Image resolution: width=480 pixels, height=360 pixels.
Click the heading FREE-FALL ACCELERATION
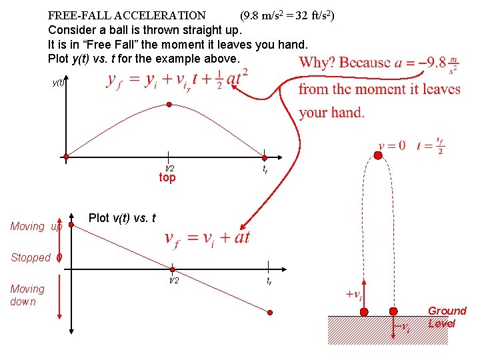click(127, 15)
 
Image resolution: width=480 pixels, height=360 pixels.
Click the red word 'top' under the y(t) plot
click(167, 178)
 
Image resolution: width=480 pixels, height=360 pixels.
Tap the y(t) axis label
click(58, 83)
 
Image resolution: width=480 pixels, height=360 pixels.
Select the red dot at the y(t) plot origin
click(66, 158)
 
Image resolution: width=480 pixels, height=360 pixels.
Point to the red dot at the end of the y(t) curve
click(265, 158)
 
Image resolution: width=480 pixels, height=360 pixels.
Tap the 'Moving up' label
click(37, 227)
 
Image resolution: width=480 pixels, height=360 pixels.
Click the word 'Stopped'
click(31, 257)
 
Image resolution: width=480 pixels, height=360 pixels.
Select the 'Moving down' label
click(27, 295)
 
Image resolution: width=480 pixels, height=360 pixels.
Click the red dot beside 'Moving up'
click(71, 226)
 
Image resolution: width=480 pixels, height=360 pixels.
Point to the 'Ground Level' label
click(447, 317)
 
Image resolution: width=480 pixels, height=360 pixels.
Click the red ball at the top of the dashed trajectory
click(377, 155)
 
